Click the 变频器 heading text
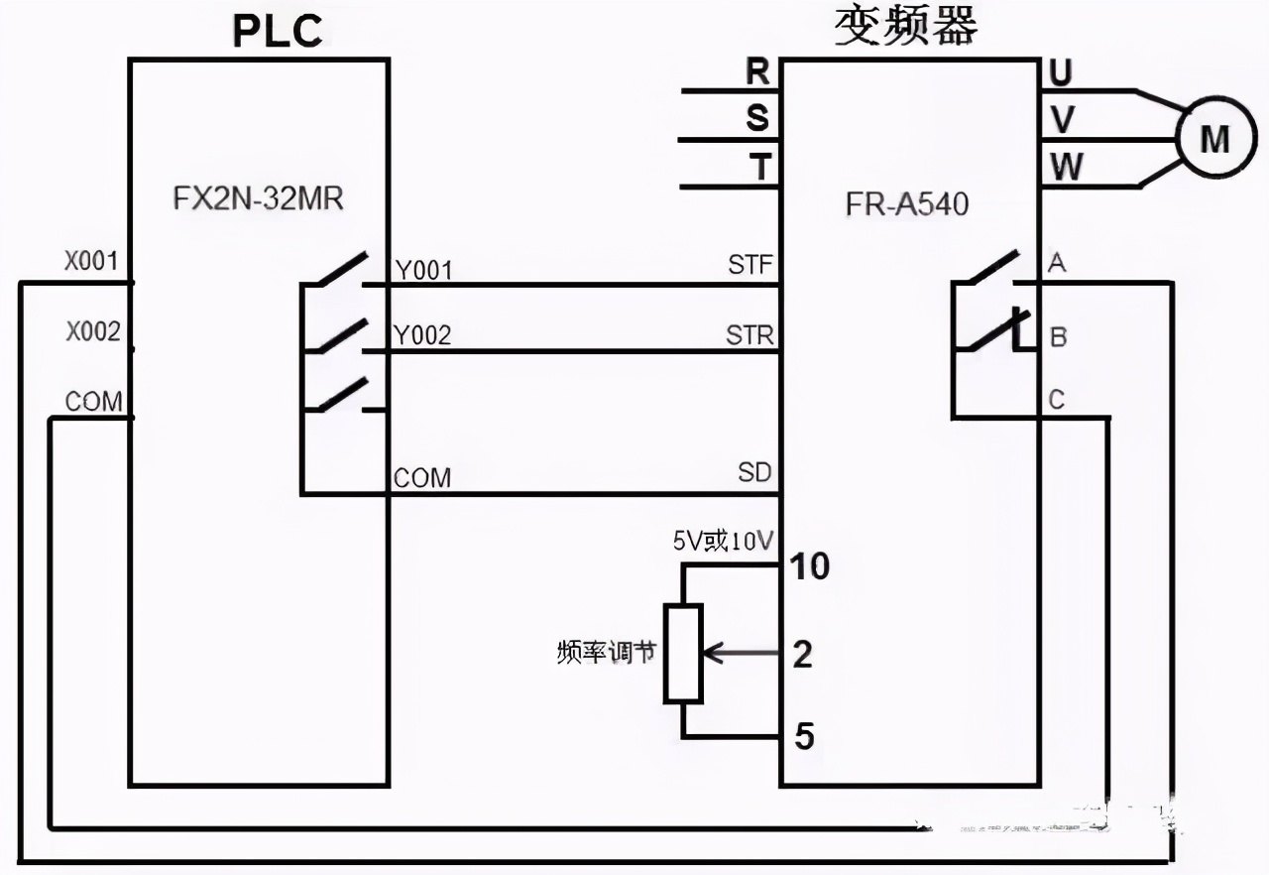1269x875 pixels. (x=905, y=26)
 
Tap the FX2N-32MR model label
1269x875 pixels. (x=258, y=198)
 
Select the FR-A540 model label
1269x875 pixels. (x=906, y=203)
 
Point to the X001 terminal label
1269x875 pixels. (x=92, y=262)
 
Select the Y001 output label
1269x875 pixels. (x=422, y=270)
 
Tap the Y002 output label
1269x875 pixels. (x=422, y=335)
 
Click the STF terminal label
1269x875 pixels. (x=750, y=266)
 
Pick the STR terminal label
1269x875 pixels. (x=750, y=334)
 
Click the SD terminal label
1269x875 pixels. (x=754, y=472)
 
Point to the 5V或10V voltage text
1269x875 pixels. (x=723, y=540)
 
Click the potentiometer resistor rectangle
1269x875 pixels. (x=683, y=653)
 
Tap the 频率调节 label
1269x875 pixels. (x=606, y=653)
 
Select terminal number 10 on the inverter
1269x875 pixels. (x=808, y=566)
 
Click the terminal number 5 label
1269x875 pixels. (x=805, y=737)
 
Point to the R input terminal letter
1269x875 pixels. (x=757, y=71)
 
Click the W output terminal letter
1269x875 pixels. (x=1066, y=167)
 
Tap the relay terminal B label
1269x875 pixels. (x=1058, y=337)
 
